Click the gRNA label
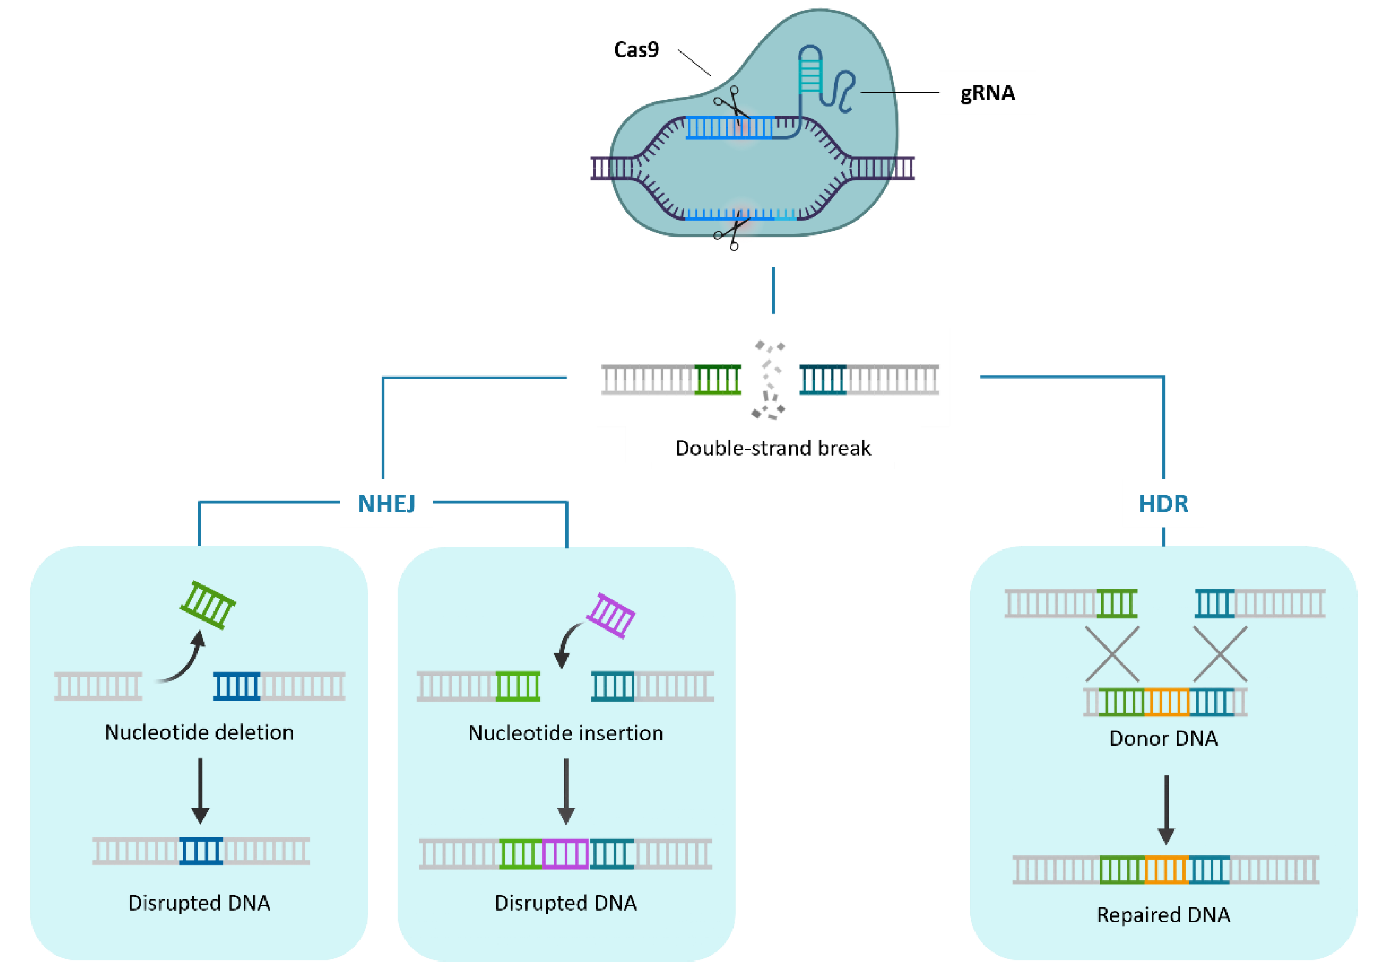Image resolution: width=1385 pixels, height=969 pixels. (x=988, y=93)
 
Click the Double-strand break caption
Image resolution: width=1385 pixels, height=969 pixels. (x=773, y=448)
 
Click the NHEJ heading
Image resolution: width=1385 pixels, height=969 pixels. (x=386, y=503)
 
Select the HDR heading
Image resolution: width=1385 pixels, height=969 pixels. (x=1163, y=503)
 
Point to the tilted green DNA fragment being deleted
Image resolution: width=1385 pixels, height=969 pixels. (x=208, y=605)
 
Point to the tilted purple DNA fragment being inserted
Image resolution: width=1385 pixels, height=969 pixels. (x=610, y=616)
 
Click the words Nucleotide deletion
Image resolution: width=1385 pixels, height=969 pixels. (x=199, y=732)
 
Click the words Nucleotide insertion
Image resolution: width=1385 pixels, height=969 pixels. (x=565, y=732)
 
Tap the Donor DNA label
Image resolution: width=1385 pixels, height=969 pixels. (x=1163, y=738)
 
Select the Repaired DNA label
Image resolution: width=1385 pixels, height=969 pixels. (x=1163, y=915)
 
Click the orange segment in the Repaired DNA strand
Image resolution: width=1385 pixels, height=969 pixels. (x=1166, y=870)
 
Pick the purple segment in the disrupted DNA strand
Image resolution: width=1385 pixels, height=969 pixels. (x=565, y=854)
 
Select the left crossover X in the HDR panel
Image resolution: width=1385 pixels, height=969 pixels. (x=1112, y=654)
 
